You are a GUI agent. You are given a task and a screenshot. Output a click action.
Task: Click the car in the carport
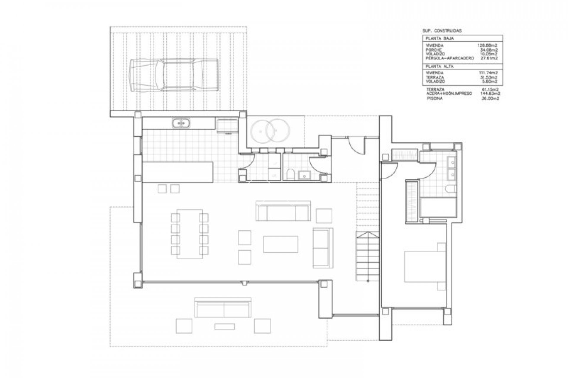coord(174,75)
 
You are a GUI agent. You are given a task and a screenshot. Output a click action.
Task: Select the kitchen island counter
coord(178,172)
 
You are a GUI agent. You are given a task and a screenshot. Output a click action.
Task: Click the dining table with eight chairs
coord(190,234)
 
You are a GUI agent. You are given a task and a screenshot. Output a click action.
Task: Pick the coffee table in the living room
coord(280,244)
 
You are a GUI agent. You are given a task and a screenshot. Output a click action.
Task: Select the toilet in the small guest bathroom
coord(291,175)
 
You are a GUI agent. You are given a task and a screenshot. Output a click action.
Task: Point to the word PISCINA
coord(435,99)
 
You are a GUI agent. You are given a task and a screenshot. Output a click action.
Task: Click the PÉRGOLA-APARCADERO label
coord(449,58)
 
